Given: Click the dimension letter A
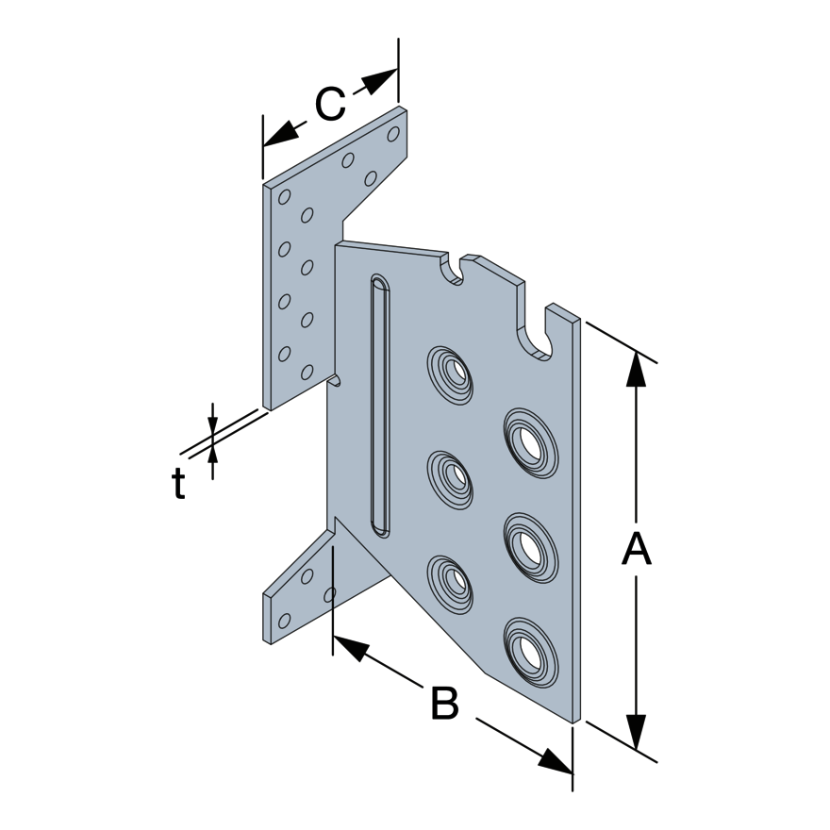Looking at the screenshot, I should [x=637, y=550].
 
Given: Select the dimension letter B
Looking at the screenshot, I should [x=444, y=705].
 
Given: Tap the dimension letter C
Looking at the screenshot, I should [x=330, y=105].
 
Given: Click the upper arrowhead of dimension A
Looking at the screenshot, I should [x=637, y=369].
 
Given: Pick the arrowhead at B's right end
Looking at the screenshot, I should [x=556, y=761].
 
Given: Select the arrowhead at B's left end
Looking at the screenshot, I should [x=350, y=647].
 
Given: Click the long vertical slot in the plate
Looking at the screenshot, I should [x=379, y=406].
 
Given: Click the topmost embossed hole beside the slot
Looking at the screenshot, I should [x=453, y=374].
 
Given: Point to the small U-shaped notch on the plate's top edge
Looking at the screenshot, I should [x=456, y=269].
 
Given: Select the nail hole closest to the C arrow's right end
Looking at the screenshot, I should [x=393, y=134].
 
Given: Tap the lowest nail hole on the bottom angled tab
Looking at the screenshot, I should [x=284, y=621].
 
